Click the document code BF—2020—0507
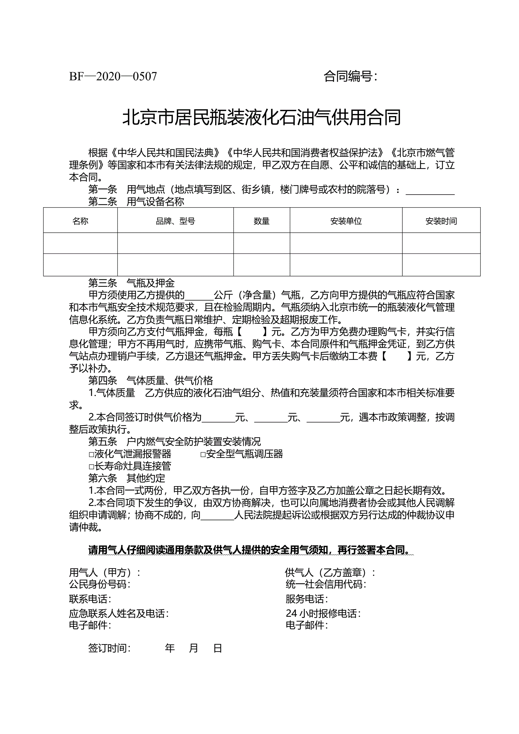click(113, 77)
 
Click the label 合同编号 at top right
click(350, 77)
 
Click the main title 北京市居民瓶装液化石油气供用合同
click(261, 117)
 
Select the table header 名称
click(80, 221)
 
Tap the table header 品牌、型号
click(175, 221)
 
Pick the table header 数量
click(261, 221)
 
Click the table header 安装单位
click(346, 221)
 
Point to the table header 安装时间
click(441, 221)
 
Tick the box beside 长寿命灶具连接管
click(91, 467)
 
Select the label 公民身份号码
click(99, 584)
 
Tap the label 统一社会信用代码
click(326, 584)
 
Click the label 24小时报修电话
click(323, 614)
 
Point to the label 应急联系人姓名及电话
click(119, 614)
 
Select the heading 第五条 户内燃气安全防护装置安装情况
click(174, 442)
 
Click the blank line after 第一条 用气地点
click(430, 191)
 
